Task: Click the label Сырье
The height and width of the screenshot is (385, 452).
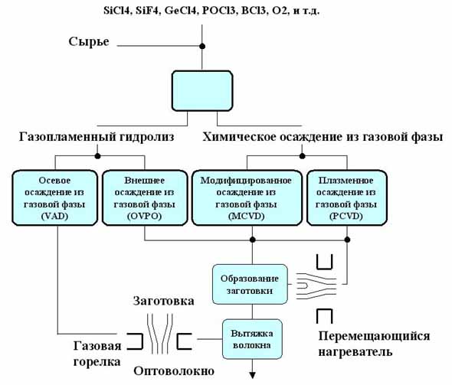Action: tap(89, 42)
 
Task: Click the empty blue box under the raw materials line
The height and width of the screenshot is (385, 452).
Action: tap(202, 91)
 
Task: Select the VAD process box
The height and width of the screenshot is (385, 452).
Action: tap(54, 197)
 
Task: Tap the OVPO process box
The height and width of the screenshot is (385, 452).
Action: tap(145, 197)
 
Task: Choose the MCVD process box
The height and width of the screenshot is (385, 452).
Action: tap(247, 197)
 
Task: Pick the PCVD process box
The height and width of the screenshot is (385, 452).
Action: tap(347, 197)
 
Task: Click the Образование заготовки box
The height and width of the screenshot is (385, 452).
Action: tap(250, 284)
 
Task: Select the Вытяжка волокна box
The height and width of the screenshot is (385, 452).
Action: tap(252, 339)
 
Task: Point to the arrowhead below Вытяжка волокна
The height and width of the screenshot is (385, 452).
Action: tap(253, 376)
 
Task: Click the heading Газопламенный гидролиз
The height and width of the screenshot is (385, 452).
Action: tap(97, 137)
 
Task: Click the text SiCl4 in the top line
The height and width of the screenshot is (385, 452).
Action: tap(116, 11)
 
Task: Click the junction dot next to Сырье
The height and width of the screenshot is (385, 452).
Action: tap(202, 46)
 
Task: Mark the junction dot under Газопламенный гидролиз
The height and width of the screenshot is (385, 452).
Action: tap(98, 156)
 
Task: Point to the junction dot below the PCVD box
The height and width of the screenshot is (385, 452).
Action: tap(347, 240)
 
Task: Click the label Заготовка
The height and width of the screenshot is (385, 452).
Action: tap(163, 302)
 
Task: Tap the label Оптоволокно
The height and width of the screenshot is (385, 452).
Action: tap(174, 371)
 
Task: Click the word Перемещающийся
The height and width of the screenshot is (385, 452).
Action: tap(374, 336)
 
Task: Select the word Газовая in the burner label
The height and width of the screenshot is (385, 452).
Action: tap(97, 346)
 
